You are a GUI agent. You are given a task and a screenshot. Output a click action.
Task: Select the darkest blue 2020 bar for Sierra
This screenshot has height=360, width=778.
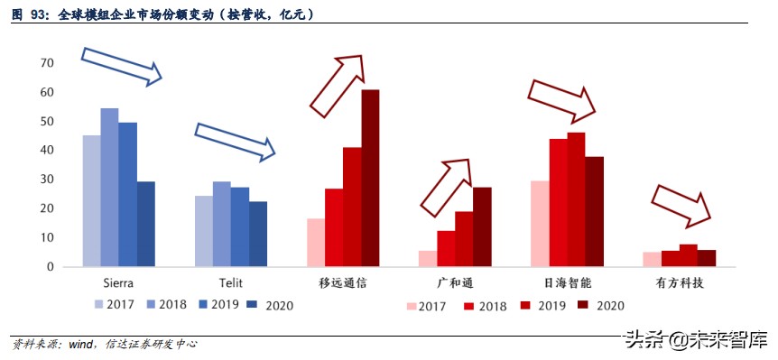pyautogui.click(x=145, y=224)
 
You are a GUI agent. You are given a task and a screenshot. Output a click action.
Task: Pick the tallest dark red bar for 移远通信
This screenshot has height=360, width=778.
pyautogui.click(x=370, y=179)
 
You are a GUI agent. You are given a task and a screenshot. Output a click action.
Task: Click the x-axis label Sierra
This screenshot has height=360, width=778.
pyautogui.click(x=118, y=283)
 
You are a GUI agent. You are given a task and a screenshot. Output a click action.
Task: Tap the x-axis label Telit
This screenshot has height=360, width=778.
pyautogui.click(x=230, y=283)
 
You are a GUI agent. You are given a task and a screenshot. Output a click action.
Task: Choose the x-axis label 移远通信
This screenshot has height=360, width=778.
pyautogui.click(x=343, y=283)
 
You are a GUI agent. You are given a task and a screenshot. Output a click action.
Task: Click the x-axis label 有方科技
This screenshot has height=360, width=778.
pyautogui.click(x=679, y=283)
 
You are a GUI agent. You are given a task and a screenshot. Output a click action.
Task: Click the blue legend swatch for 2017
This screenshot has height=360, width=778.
pyautogui.click(x=97, y=304)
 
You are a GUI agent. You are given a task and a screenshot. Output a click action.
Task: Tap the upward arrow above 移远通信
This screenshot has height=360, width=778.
pyautogui.click(x=338, y=87)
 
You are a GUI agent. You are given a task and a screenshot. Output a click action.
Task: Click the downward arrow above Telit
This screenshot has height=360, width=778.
pyautogui.click(x=234, y=141)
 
